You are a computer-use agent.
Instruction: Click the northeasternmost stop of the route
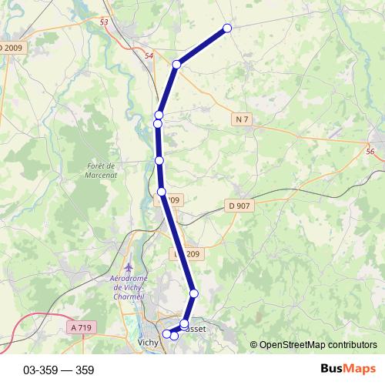point(227,28)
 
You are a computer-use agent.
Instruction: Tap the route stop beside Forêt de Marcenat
point(159,160)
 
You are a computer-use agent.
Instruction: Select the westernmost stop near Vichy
point(166,333)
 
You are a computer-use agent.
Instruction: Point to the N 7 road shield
point(243,119)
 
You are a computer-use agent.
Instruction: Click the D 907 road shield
point(240,206)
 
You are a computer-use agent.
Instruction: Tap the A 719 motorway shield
point(81,327)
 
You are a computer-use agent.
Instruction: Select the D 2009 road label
point(11,48)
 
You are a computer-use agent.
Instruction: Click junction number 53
point(104,22)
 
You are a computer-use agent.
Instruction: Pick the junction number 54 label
point(149,56)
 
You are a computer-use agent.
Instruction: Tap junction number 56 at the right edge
point(370,152)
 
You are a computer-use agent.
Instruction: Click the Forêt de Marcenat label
point(100,170)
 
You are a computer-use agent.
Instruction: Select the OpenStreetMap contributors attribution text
point(313,345)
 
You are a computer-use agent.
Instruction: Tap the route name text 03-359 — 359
point(59,370)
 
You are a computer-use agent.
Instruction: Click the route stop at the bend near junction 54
point(176,65)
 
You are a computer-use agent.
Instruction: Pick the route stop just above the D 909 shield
point(162,192)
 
